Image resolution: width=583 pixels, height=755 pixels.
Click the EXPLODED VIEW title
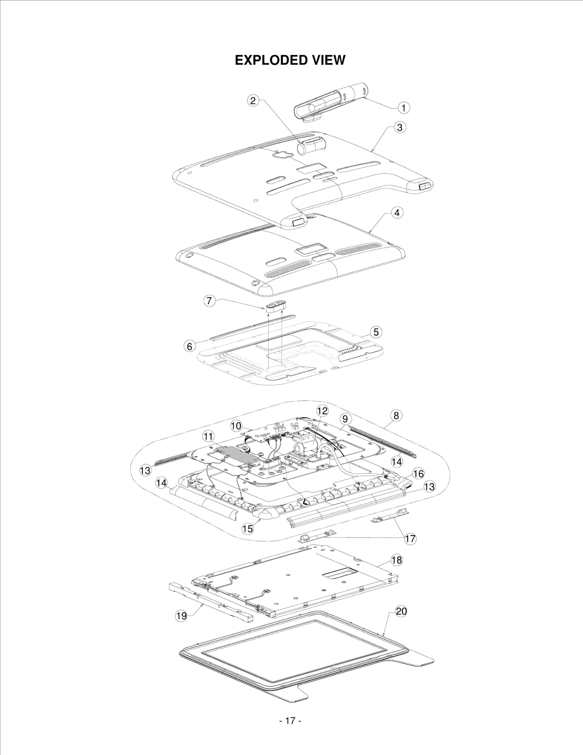tap(290, 60)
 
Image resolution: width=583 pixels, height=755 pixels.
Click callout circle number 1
tap(403, 108)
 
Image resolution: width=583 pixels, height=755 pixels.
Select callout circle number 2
tap(254, 101)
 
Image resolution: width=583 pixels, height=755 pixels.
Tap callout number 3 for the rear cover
tap(400, 127)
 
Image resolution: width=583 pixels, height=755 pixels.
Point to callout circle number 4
tap(397, 213)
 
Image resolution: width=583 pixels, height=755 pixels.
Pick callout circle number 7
tap(209, 301)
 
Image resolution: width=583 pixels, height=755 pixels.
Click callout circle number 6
tap(189, 346)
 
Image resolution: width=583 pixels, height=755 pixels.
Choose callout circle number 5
tap(376, 332)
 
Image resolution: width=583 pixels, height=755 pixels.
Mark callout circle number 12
tap(322, 411)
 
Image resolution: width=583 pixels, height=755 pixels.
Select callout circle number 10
tap(236, 425)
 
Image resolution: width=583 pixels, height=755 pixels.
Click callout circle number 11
tap(208, 436)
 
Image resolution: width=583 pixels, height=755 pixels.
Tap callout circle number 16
tap(418, 474)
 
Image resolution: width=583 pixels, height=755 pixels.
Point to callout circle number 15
tap(248, 529)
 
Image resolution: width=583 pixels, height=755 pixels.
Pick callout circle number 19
tap(181, 616)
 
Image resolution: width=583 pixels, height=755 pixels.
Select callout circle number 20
tap(401, 611)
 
